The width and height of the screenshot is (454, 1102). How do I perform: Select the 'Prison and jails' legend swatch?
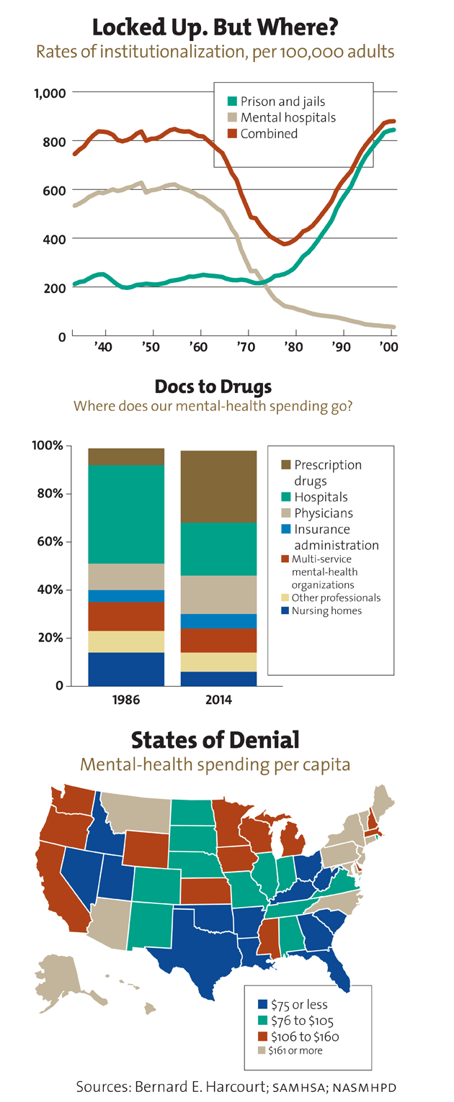click(232, 102)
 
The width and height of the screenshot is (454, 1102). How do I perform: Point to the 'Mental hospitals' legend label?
click(288, 117)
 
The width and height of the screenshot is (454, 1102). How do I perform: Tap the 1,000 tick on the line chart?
click(50, 93)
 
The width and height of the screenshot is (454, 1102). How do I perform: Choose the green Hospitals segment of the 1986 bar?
click(125, 514)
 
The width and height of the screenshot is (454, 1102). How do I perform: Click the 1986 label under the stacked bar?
click(125, 698)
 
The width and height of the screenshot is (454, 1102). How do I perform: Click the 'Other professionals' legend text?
click(336, 597)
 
